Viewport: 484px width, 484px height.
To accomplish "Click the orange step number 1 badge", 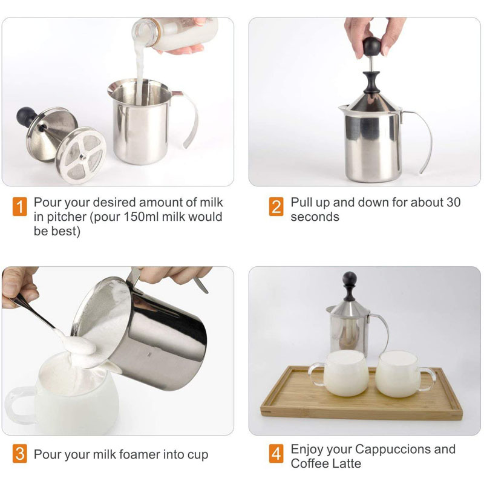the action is (20, 206).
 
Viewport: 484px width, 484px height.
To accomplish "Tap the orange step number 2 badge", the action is (276, 206).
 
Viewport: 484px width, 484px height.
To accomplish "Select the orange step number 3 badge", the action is (20, 454).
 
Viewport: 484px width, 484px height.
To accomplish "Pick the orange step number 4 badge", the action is (276, 454).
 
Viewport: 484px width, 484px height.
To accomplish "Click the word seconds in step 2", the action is (315, 217).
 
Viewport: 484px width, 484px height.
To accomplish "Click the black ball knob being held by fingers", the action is (371, 47).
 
